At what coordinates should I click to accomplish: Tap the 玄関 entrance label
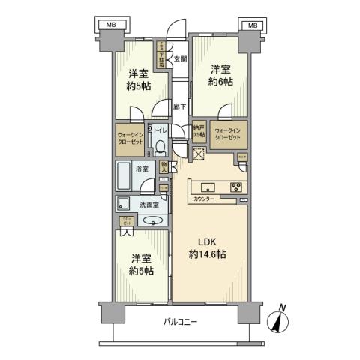tap(180, 58)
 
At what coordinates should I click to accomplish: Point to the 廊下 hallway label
tap(180, 106)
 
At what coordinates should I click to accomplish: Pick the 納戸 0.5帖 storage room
tap(199, 130)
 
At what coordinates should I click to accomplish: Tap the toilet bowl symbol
tap(161, 145)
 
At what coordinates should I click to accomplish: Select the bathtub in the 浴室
tap(127, 178)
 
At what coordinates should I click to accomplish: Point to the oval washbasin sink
tap(152, 221)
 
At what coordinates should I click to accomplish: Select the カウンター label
tap(204, 199)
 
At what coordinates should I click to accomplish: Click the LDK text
tap(208, 241)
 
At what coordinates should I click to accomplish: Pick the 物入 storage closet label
tap(164, 167)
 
